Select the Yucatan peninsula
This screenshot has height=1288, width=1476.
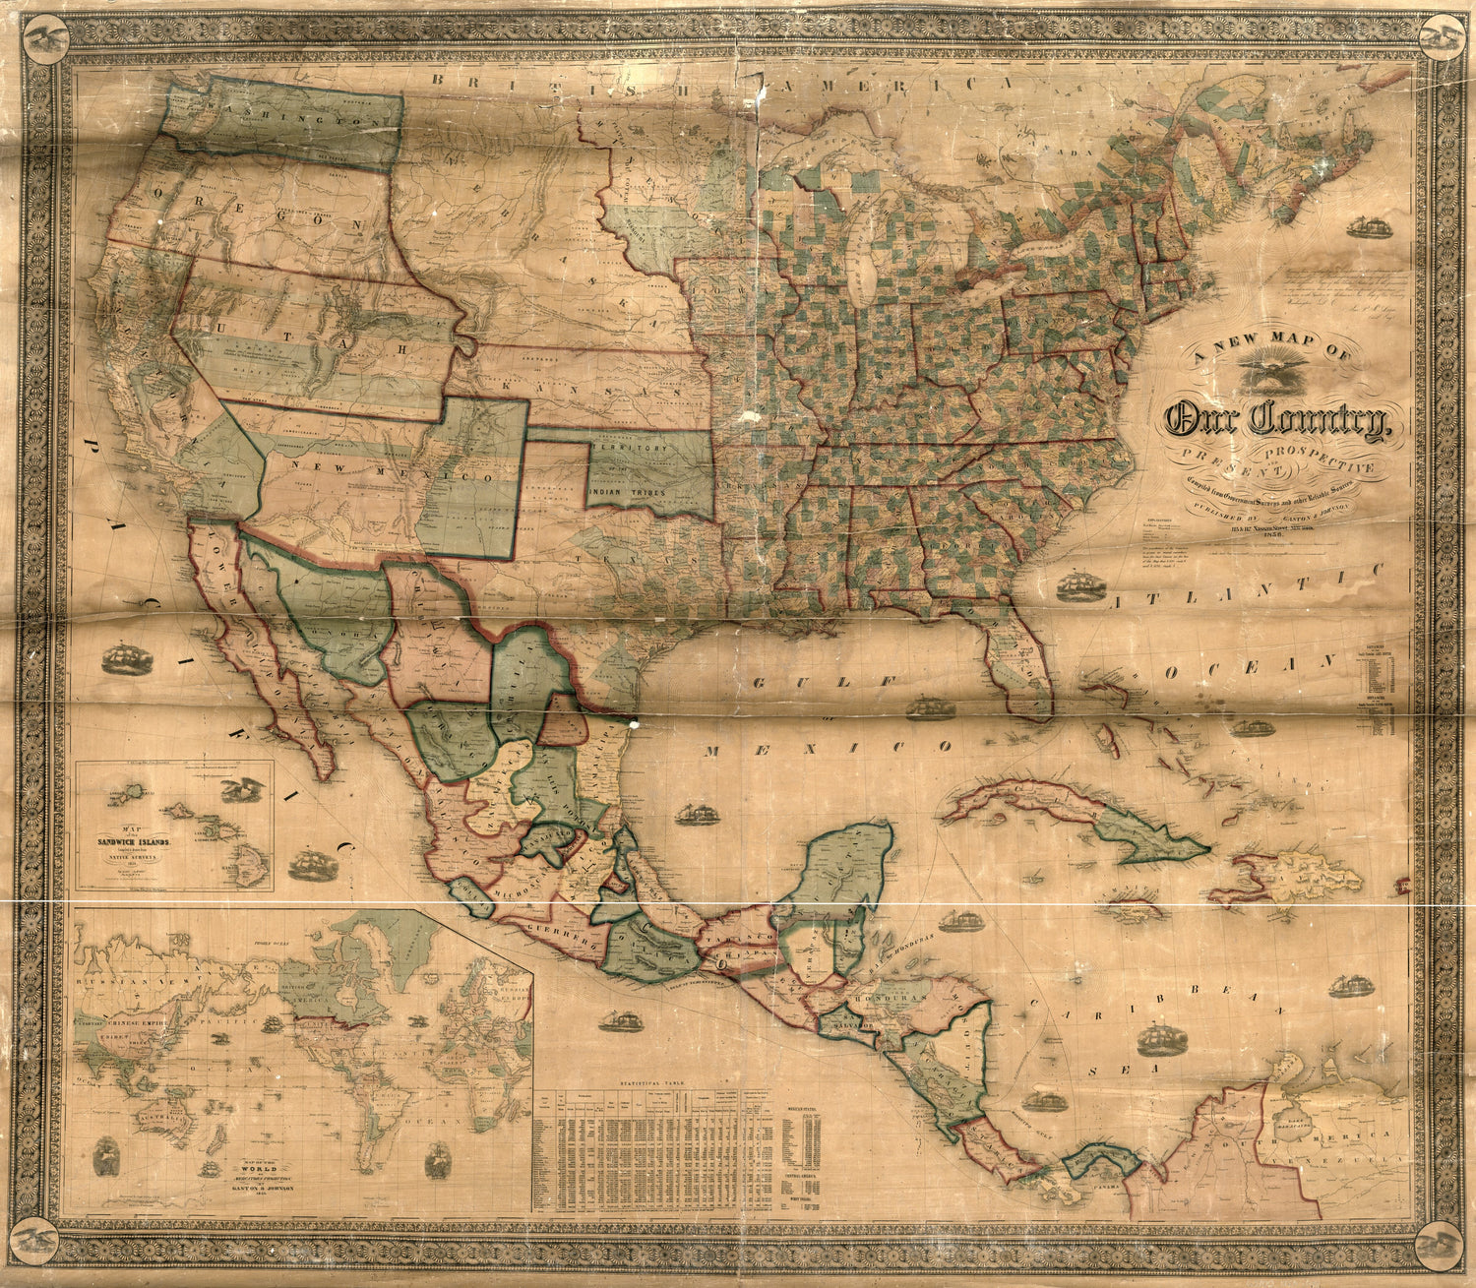(846, 866)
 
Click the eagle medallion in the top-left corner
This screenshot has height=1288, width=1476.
(46, 39)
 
